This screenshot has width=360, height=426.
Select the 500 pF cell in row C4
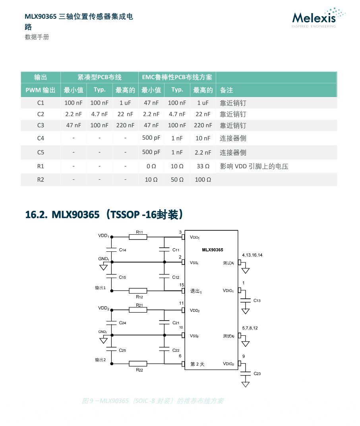151,138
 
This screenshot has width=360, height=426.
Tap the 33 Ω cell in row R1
203,166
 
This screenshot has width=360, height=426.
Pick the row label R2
41,179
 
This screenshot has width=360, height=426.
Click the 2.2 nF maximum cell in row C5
203,152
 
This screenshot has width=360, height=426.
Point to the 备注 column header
226,90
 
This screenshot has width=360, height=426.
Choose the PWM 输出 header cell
41,90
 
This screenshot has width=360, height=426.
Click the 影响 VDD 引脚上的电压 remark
254,166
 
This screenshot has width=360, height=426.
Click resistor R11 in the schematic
138,237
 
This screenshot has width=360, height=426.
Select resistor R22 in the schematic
138,364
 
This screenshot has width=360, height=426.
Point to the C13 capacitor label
257,300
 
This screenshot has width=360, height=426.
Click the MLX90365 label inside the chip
213,250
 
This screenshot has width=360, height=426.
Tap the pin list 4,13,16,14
252,255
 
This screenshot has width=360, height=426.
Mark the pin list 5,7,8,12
250,328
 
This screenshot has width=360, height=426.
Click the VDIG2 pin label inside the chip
228,364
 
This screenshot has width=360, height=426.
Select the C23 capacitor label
257,373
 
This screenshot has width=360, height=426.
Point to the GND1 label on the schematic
104,259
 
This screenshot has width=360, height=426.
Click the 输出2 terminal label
100,360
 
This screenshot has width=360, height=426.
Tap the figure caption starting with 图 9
153,401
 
